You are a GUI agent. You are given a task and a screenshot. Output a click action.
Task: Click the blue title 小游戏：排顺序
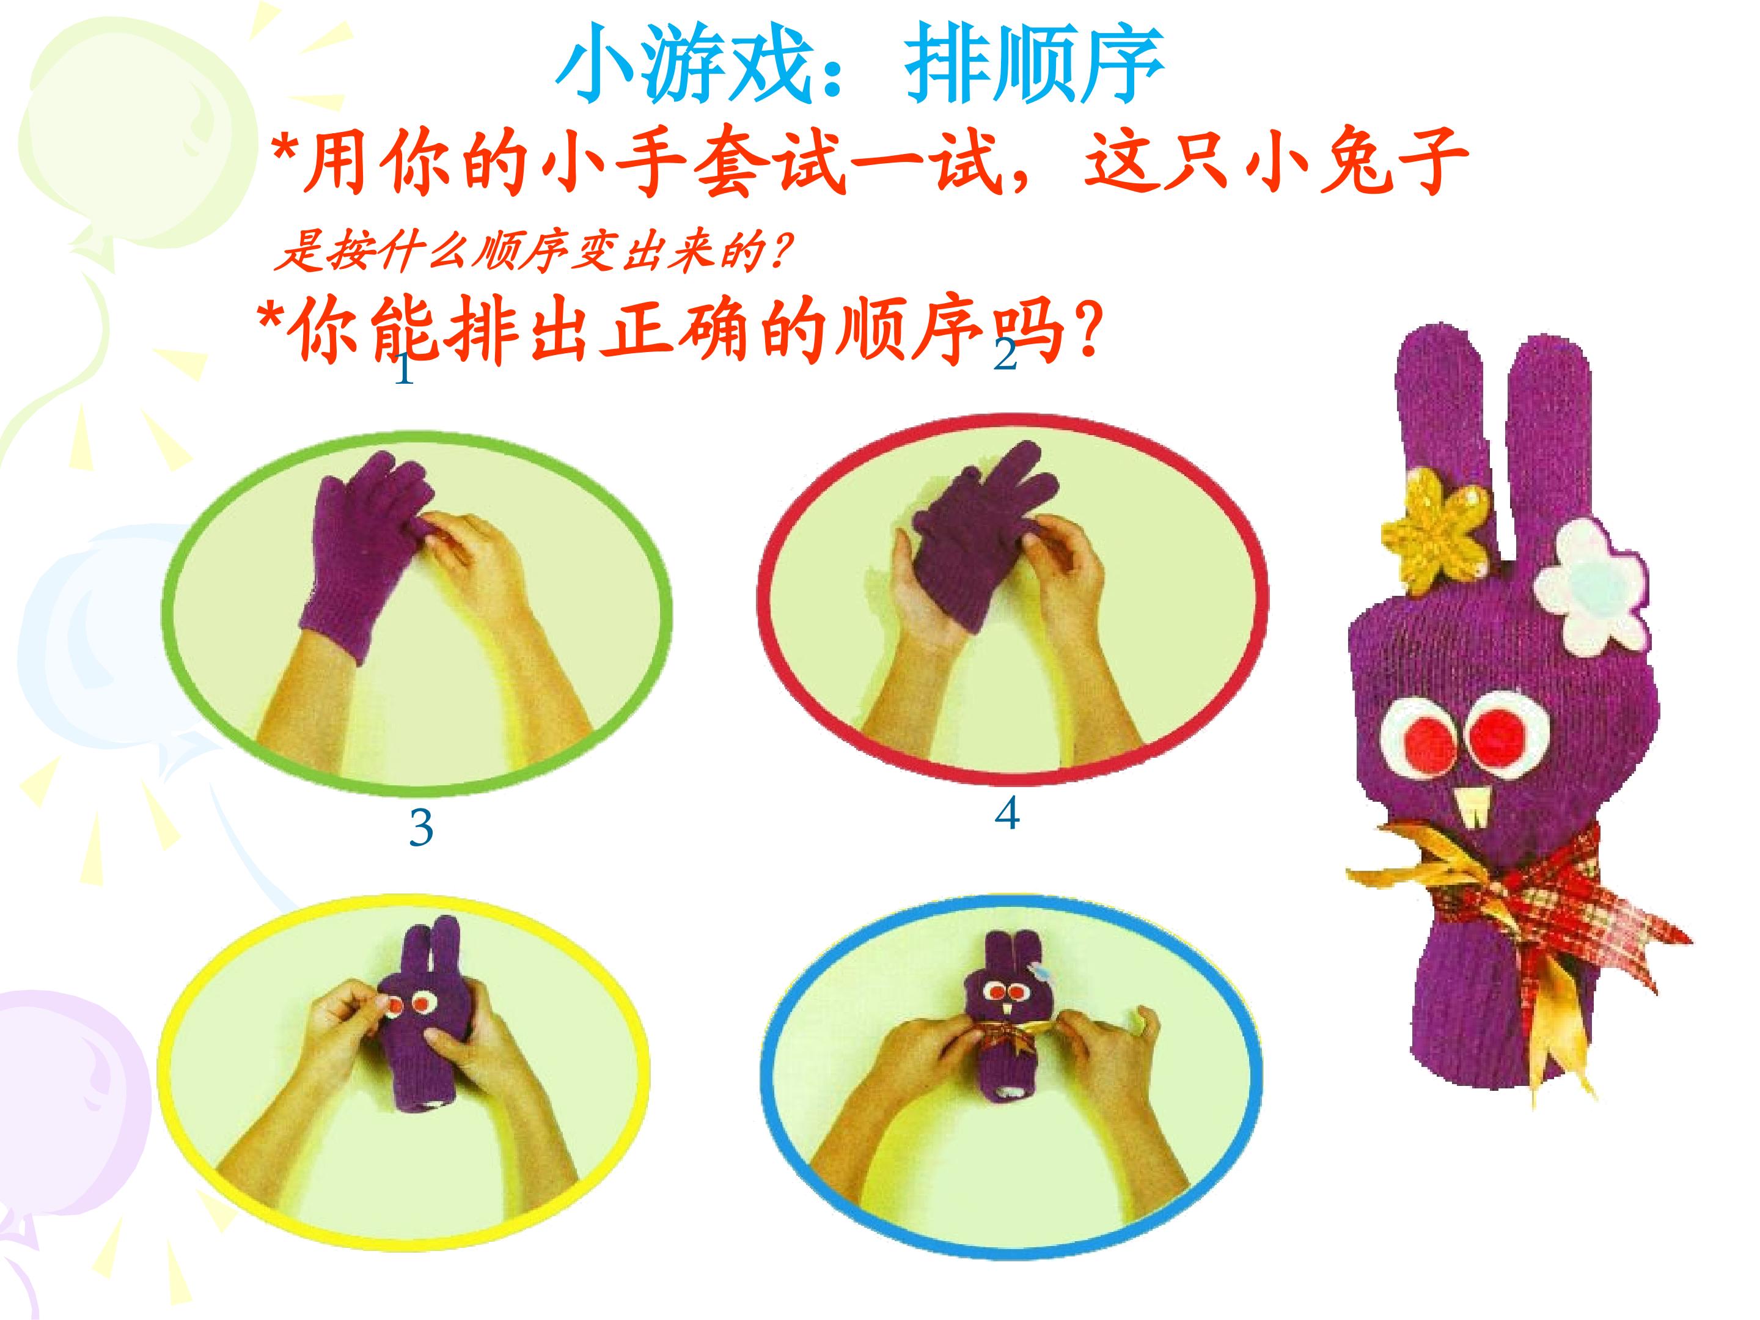click(x=860, y=65)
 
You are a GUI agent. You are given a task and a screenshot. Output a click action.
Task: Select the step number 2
click(x=1006, y=354)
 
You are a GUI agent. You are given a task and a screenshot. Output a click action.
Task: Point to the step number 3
click(x=421, y=828)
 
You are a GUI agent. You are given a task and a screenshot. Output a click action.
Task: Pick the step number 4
click(x=1007, y=813)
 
